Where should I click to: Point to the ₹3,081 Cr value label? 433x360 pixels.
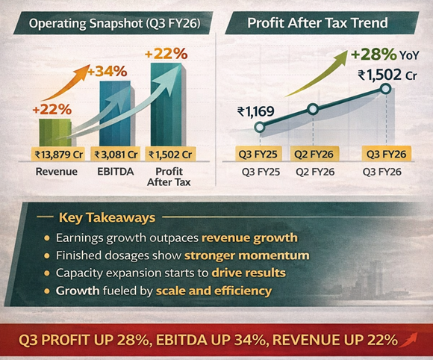point(115,155)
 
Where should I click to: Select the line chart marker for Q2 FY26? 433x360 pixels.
point(313,110)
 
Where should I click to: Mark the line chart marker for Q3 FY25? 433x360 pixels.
point(259,128)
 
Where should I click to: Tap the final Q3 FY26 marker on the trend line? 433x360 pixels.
point(385,89)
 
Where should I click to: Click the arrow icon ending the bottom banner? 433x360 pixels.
point(409,341)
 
